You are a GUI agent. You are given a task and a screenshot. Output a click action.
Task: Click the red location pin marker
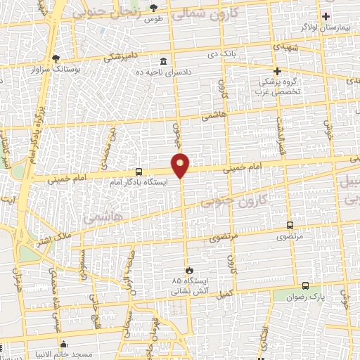181,165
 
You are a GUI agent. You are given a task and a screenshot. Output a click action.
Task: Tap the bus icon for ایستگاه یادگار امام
139,171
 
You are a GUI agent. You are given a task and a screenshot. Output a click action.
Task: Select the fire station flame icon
188,270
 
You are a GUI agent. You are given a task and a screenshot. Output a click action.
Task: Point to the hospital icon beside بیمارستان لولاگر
325,15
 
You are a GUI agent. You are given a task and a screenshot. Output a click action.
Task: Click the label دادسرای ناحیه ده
165,72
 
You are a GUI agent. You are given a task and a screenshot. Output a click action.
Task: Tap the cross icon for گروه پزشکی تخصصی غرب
277,71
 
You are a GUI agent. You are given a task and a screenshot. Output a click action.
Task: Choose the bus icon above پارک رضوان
305,285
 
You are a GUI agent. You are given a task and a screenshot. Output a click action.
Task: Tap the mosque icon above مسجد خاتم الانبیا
64,344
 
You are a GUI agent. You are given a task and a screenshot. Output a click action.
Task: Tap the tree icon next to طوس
154,8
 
